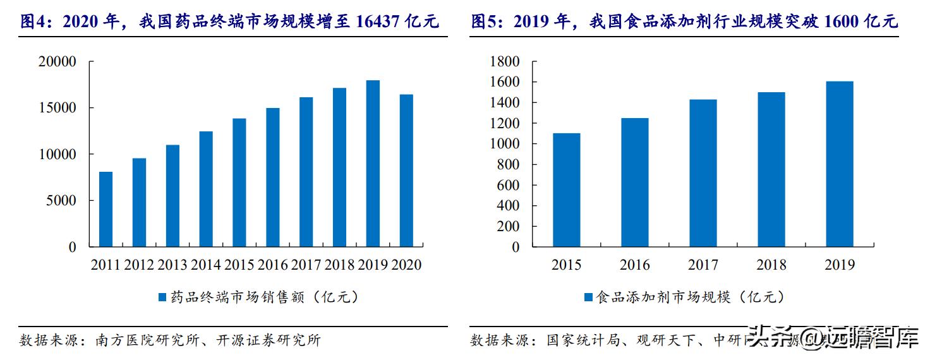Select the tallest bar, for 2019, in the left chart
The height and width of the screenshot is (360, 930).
[373, 164]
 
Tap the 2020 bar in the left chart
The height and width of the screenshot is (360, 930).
[406, 171]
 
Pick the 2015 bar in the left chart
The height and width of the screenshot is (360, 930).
[239, 183]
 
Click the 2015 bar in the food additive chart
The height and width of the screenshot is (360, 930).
[566, 190]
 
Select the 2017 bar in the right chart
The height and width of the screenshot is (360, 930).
[703, 173]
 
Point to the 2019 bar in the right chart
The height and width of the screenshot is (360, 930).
[840, 164]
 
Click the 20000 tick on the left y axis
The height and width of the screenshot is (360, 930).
[57, 62]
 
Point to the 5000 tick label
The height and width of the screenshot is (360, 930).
[62, 201]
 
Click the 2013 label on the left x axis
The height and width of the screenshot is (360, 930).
[172, 265]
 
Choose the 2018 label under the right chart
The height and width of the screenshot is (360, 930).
[771, 265]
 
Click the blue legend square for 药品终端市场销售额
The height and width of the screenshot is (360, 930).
[162, 297]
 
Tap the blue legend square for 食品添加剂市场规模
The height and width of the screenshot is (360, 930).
[588, 297]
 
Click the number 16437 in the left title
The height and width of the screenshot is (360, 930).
[377, 22]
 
